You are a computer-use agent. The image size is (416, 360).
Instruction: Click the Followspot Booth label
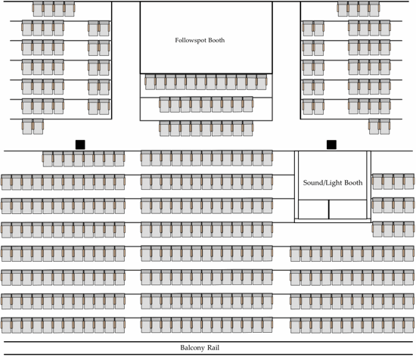(200, 40)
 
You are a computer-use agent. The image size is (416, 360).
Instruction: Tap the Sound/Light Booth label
(333, 183)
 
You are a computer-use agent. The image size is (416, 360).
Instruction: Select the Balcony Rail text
(200, 348)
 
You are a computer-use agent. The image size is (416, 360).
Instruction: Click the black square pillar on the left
(80, 144)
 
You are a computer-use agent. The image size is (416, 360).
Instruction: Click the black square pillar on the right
(331, 144)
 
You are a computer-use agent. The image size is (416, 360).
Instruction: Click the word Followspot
(191, 40)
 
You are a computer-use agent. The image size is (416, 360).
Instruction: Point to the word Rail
(213, 348)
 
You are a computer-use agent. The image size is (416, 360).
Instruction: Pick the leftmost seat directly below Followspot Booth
(151, 82)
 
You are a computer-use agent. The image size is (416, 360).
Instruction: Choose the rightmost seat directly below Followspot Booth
(262, 82)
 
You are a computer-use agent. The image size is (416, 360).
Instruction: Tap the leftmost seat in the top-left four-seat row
(38, 9)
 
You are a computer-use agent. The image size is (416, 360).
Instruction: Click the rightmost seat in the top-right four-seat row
(374, 9)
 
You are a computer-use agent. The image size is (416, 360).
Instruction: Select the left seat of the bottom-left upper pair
(27, 126)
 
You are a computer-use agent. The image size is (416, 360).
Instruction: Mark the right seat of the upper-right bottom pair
(385, 126)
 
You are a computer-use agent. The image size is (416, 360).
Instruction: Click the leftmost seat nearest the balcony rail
(6, 325)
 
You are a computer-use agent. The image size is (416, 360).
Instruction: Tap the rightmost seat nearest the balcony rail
(409, 325)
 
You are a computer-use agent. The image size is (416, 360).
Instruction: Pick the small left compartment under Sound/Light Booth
(314, 209)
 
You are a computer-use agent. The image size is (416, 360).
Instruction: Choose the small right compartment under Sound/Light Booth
(348, 209)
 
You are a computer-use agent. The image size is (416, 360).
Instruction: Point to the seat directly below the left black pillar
(79, 159)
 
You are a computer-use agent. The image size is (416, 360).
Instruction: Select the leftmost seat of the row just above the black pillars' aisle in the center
(164, 129)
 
